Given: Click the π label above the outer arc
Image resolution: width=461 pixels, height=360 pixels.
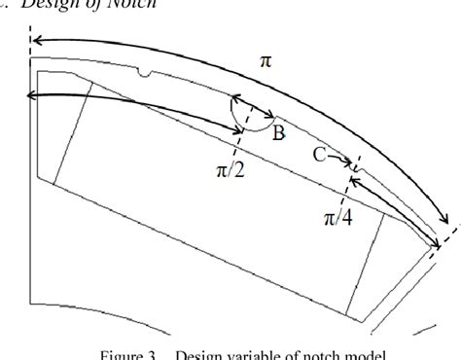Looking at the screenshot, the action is pyautogui.click(x=266, y=60).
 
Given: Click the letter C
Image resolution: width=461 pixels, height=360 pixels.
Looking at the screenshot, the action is pyautogui.click(x=318, y=154).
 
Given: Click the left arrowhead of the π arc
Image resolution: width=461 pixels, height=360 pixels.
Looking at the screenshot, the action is pyautogui.click(x=36, y=42).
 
